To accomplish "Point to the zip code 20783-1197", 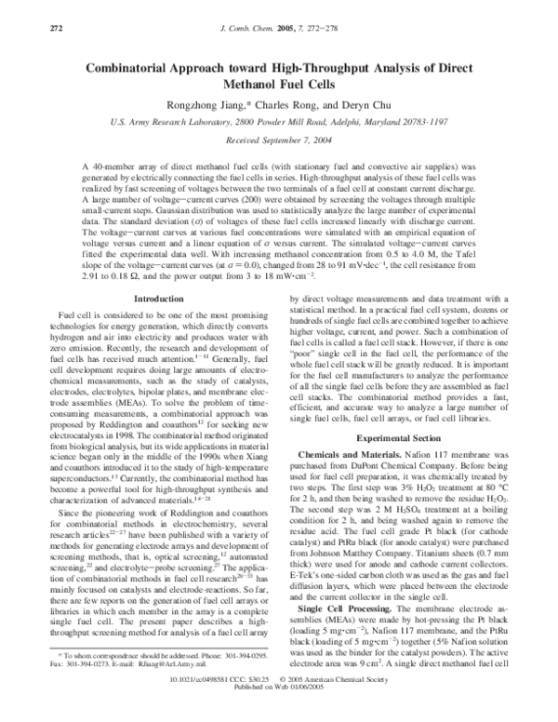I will click(418, 121).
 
